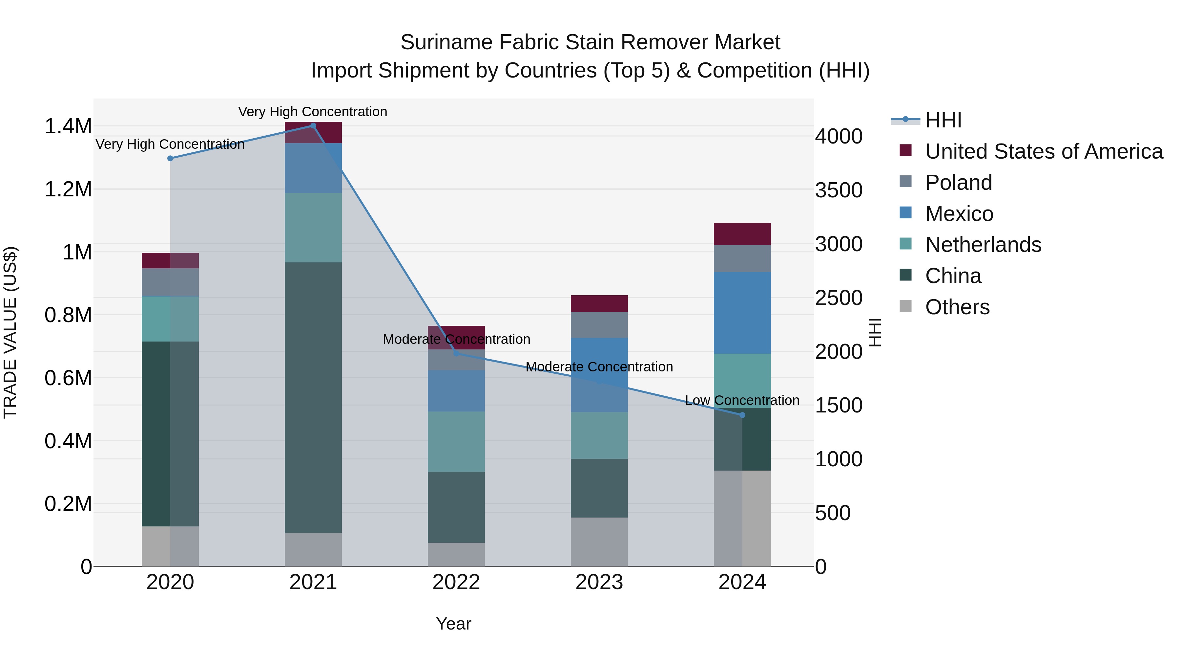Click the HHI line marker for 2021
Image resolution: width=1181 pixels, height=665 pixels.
(313, 126)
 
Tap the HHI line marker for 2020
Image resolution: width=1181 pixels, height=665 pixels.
(170, 158)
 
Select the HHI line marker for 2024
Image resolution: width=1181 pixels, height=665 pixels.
(742, 415)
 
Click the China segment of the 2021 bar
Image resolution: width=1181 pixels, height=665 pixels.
(313, 397)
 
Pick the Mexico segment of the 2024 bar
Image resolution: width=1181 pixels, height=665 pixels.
(742, 313)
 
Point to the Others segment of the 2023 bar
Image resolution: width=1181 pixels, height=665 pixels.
(599, 542)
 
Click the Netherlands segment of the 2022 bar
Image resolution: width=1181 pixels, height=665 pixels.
(456, 441)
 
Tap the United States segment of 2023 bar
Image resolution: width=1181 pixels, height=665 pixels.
(599, 303)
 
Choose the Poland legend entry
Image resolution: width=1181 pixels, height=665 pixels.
(958, 183)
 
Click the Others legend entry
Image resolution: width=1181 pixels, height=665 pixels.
(957, 307)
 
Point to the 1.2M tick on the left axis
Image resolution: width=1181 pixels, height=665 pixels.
(68, 189)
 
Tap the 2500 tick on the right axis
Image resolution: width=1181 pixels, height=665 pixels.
(839, 298)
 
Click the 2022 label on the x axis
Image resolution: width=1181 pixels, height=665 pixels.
(456, 582)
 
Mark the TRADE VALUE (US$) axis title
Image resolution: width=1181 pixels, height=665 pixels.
(10, 332)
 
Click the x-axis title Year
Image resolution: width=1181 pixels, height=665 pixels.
(453, 624)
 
